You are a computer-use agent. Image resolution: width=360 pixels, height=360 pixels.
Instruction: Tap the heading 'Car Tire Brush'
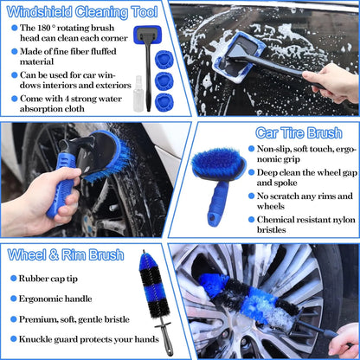pyautogui.click(x=297, y=132)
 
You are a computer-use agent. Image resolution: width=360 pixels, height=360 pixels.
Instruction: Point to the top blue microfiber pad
pyautogui.click(x=164, y=61)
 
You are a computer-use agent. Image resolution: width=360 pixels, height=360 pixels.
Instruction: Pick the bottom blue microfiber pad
pyautogui.click(x=164, y=102)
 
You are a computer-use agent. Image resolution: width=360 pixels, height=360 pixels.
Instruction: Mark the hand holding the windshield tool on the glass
pyautogui.click(x=333, y=82)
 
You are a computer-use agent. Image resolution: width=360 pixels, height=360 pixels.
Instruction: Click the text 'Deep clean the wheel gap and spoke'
pyautogui.click(x=304, y=177)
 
